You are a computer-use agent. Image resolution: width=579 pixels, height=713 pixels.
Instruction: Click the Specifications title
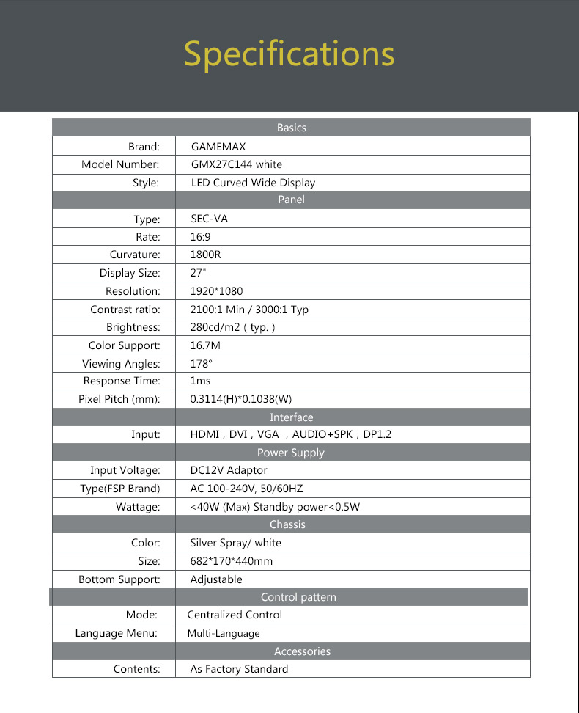pyautogui.click(x=289, y=54)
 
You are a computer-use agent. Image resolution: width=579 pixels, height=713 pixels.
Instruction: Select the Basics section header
pyautogui.click(x=291, y=128)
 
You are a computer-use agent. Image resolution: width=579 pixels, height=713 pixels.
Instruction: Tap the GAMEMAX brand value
pyautogui.click(x=218, y=147)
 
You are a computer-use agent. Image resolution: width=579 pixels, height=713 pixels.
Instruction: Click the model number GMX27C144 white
pyautogui.click(x=236, y=164)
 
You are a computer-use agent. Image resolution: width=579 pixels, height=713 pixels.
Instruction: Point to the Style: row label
pyautogui.click(x=146, y=183)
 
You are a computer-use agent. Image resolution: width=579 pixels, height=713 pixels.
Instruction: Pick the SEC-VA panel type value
pyautogui.click(x=209, y=219)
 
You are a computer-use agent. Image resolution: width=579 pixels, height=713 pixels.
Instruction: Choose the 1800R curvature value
pyautogui.click(x=205, y=255)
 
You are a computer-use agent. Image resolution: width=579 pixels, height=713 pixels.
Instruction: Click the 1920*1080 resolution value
pyautogui.click(x=216, y=291)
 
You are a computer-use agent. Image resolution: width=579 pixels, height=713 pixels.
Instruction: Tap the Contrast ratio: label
pyautogui.click(x=125, y=310)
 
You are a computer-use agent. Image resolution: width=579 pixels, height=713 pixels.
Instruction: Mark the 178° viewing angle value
pyautogui.click(x=201, y=364)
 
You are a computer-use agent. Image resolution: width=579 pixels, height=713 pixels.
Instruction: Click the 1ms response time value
pyautogui.click(x=200, y=381)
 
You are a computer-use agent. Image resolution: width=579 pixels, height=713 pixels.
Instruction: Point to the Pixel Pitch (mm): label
pyautogui.click(x=119, y=400)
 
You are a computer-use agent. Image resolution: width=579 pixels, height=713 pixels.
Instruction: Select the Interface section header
pyautogui.click(x=291, y=417)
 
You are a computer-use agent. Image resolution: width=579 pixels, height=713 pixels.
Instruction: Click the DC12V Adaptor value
pyautogui.click(x=229, y=470)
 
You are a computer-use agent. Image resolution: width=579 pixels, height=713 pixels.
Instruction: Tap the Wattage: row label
pyautogui.click(x=138, y=507)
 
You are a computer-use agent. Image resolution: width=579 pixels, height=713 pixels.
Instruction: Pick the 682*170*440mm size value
pyautogui.click(x=231, y=561)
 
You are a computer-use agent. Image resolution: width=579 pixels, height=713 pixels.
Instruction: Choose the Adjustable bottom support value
pyautogui.click(x=215, y=579)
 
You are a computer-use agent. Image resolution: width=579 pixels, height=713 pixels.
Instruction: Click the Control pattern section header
pyautogui.click(x=298, y=597)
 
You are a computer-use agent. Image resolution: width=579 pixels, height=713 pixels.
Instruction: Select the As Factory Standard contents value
pyautogui.click(x=239, y=669)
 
